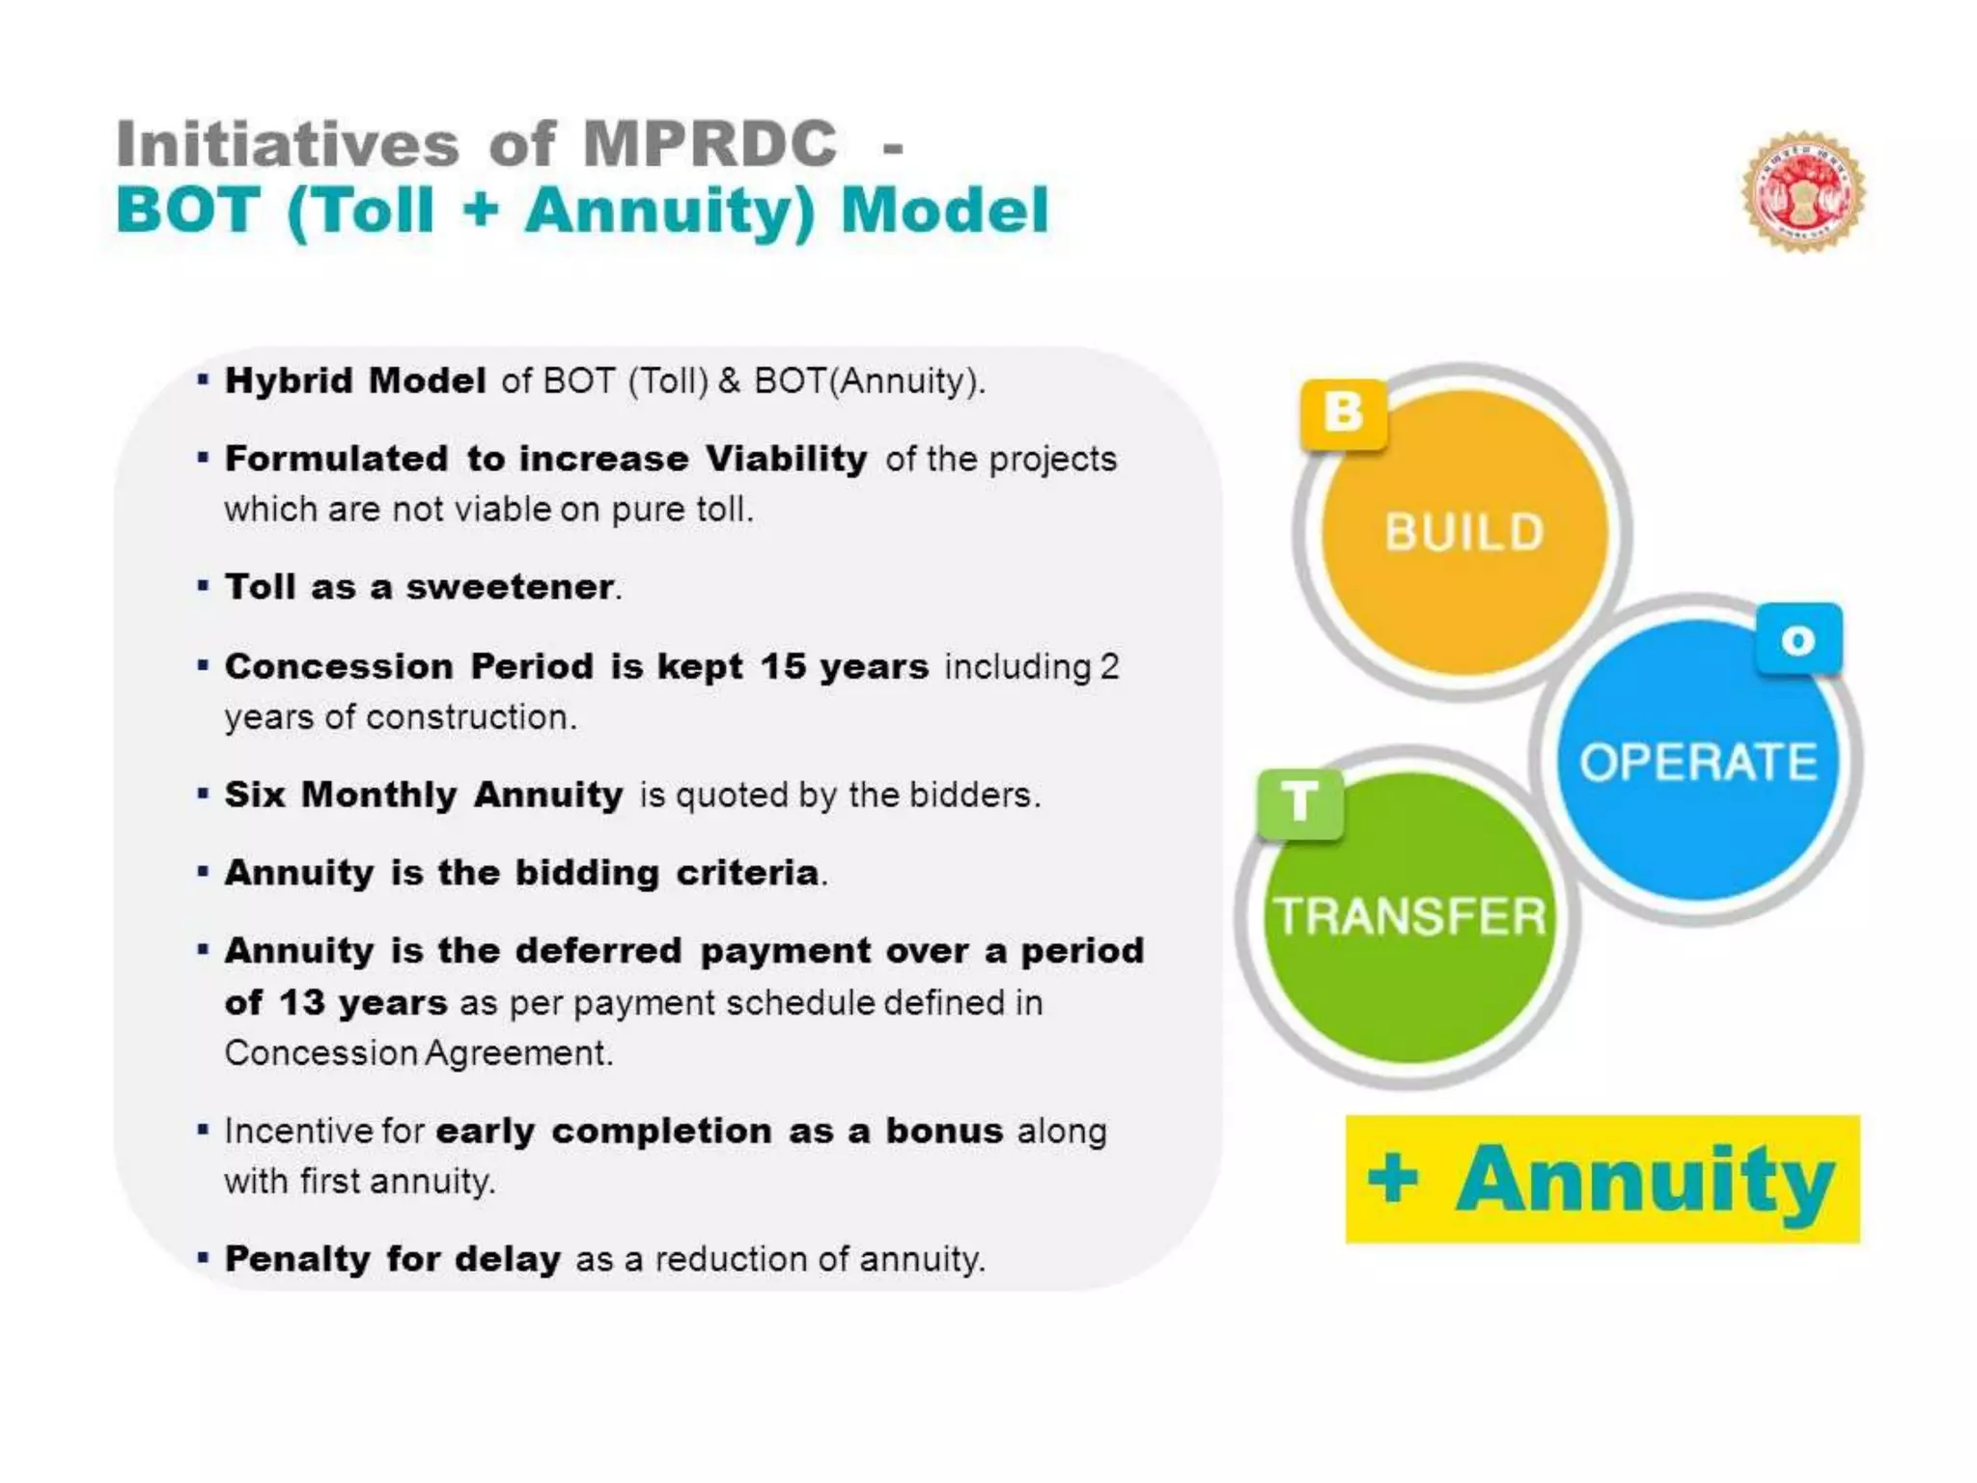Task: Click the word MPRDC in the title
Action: click(x=710, y=145)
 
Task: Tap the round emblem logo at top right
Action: click(x=1803, y=191)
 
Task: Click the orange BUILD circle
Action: click(x=1463, y=532)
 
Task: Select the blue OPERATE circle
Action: click(x=1697, y=762)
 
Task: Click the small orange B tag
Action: click(x=1343, y=413)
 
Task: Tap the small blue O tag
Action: click(x=1798, y=639)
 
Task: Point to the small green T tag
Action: click(x=1300, y=802)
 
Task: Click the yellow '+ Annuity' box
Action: click(x=1601, y=1179)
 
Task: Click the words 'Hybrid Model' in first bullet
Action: click(x=355, y=380)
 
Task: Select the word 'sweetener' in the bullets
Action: click(x=510, y=587)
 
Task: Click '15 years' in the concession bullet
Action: click(x=844, y=666)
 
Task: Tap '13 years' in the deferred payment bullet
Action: click(x=363, y=1002)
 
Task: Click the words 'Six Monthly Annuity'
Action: click(x=424, y=795)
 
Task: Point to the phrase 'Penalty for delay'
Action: click(x=392, y=1259)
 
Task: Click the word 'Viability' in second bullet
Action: click(x=786, y=459)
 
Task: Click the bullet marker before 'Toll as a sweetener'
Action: click(x=203, y=586)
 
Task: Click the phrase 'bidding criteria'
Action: click(x=667, y=873)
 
